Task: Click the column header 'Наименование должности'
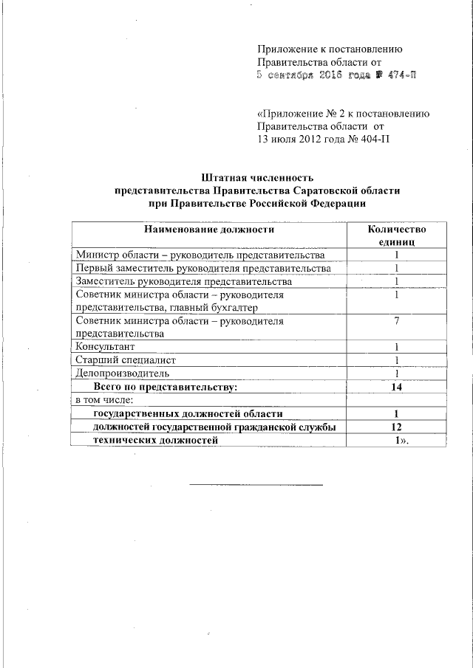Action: coord(209,229)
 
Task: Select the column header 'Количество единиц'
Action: coord(396,235)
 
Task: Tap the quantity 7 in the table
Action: coord(396,321)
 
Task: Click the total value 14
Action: coord(396,386)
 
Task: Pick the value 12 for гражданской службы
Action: coord(396,427)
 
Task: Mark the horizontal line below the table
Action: coord(256,485)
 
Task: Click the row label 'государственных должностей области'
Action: coord(188,413)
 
